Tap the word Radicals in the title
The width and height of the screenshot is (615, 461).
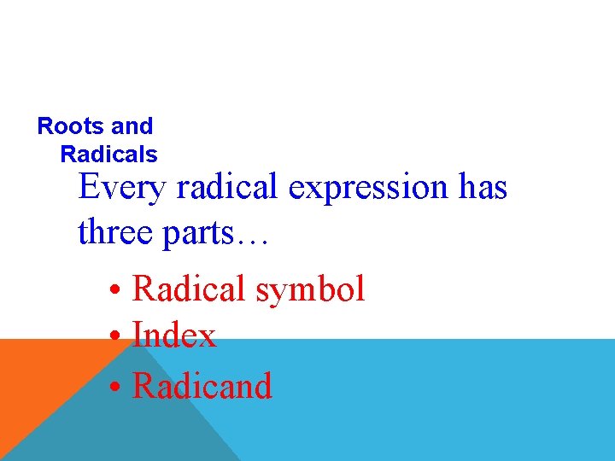click(x=108, y=155)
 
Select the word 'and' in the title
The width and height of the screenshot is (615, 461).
click(x=132, y=126)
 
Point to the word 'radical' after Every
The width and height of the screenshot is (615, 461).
click(x=227, y=187)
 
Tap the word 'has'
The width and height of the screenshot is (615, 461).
click(x=483, y=187)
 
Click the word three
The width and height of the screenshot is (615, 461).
click(x=114, y=231)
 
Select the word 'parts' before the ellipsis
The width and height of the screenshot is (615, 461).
click(x=199, y=233)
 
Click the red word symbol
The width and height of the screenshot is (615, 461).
click(x=310, y=290)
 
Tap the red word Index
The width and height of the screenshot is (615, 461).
click(x=174, y=336)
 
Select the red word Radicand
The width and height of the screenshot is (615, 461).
click(x=202, y=386)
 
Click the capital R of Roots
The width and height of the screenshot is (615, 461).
click(x=45, y=126)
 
